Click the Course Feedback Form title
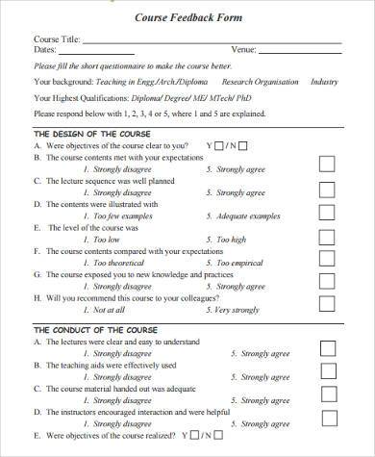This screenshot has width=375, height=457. [x=187, y=17]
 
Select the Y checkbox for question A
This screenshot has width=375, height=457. [x=220, y=146]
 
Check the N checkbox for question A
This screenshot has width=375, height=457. [x=242, y=146]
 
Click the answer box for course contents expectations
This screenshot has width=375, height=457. [x=326, y=164]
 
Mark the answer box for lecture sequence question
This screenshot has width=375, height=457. [x=326, y=187]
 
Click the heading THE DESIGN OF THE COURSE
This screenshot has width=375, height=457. [x=91, y=133]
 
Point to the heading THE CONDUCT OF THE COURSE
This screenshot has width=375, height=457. [x=95, y=329]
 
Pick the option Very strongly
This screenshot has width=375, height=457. [x=238, y=310]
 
